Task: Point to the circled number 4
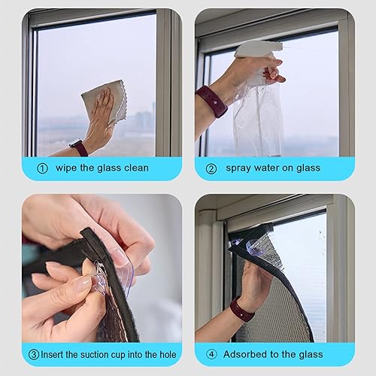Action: [x=212, y=354]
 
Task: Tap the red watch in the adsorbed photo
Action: [x=242, y=309]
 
